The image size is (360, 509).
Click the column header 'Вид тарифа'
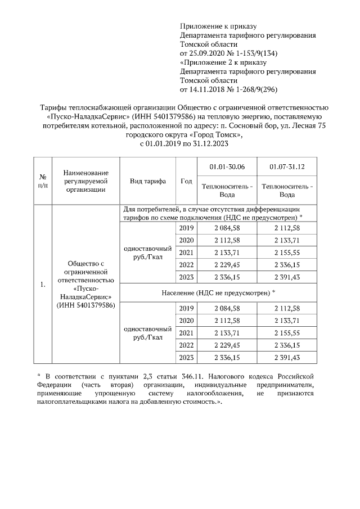[x=147, y=181]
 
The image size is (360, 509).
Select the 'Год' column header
[x=186, y=181]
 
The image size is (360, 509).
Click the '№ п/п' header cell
[x=42, y=181]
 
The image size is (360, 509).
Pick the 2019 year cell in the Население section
[x=186, y=308]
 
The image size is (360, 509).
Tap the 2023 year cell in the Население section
[x=186, y=358]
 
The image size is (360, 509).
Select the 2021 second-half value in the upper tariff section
[x=287, y=253]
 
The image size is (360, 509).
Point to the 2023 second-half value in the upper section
[x=287, y=277]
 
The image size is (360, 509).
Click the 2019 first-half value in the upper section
[x=227, y=228]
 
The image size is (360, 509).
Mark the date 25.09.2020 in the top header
[x=206, y=53]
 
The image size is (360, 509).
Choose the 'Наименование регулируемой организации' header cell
[x=85, y=181]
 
